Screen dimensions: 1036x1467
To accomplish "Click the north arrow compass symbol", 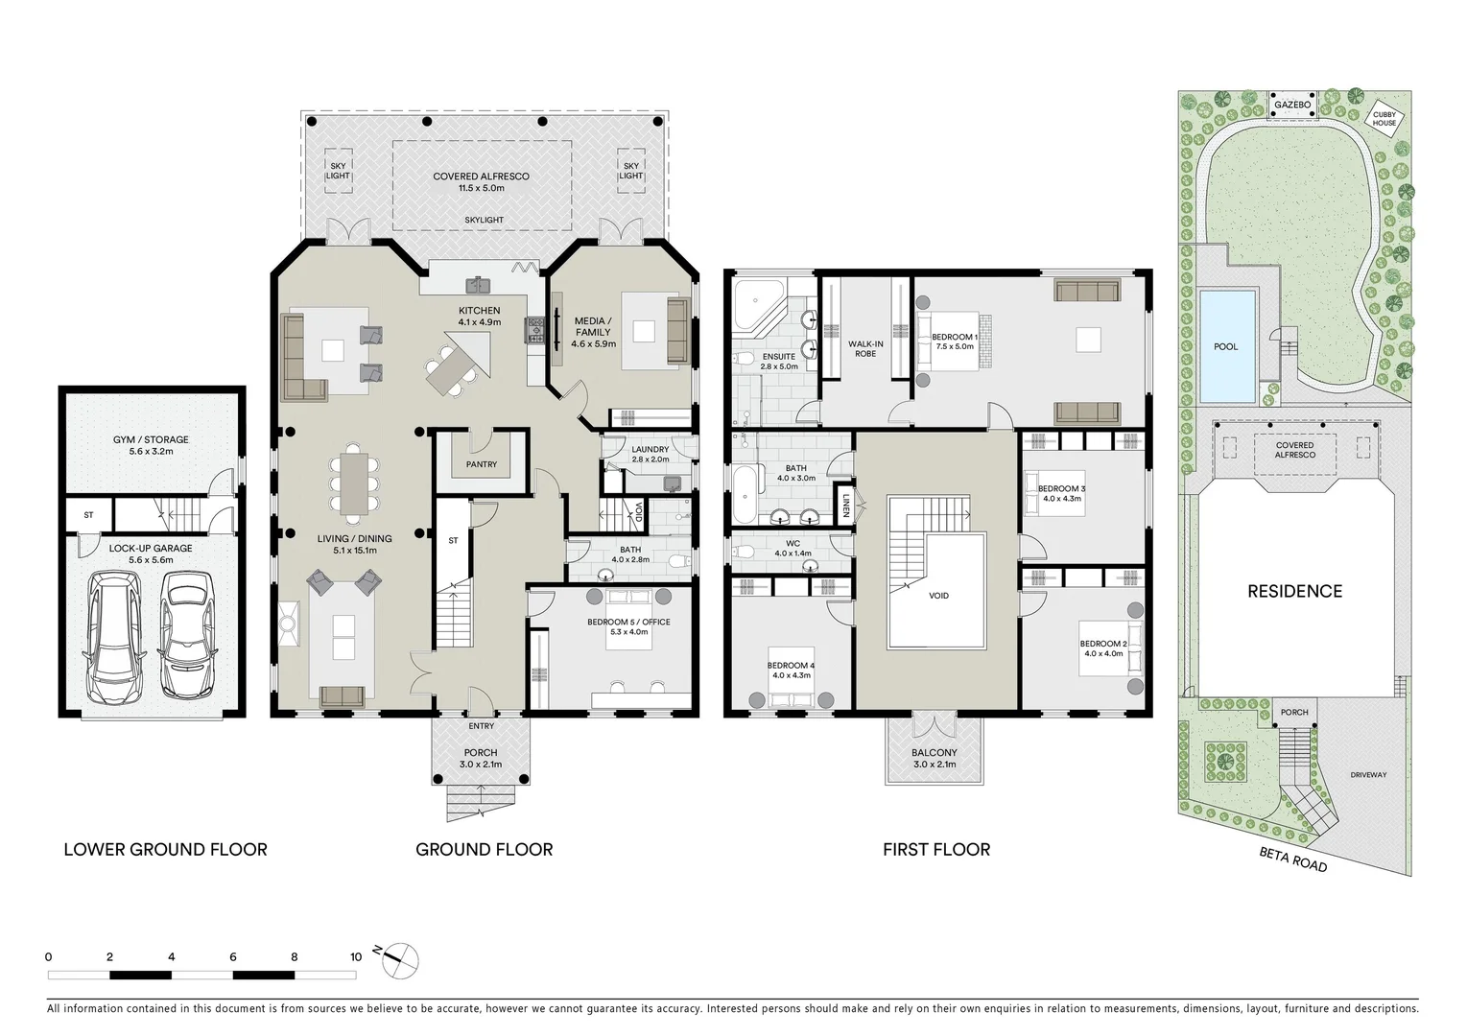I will pyautogui.click(x=401, y=959).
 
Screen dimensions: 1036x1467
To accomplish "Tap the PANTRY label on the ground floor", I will pyautogui.click(x=482, y=464).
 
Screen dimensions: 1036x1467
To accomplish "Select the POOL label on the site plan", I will pyautogui.click(x=1225, y=346).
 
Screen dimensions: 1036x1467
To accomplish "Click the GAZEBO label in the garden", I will pyautogui.click(x=1291, y=105).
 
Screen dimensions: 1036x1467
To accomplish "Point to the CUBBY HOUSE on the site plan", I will pyautogui.click(x=1384, y=118).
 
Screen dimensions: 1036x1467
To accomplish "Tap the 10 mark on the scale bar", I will pyautogui.click(x=356, y=956).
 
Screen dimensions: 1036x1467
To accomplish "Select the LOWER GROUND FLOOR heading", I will pyautogui.click(x=165, y=849).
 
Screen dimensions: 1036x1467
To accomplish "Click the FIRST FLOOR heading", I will pyautogui.click(x=935, y=849).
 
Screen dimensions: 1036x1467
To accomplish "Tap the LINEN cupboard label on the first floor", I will pyautogui.click(x=845, y=505).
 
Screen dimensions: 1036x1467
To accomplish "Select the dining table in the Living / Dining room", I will pyautogui.click(x=354, y=482).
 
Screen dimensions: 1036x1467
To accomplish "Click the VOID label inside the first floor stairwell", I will pyautogui.click(x=938, y=596).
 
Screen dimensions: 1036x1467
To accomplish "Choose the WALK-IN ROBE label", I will pyautogui.click(x=865, y=348).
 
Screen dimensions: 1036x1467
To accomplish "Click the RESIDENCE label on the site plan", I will pyautogui.click(x=1294, y=591).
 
